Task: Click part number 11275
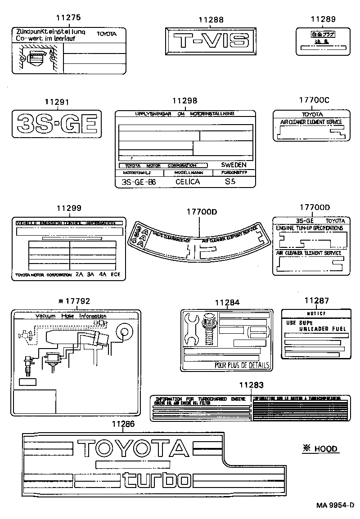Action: pos(68,18)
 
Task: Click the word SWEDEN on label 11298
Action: pos(234,165)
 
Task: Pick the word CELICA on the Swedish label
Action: pos(187,182)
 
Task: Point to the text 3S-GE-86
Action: pos(137,182)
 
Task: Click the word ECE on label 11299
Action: pos(116,274)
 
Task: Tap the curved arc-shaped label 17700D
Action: pos(201,241)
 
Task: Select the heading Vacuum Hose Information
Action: pos(71,316)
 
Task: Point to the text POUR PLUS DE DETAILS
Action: pos(242,365)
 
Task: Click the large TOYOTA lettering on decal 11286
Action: pos(133,449)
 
